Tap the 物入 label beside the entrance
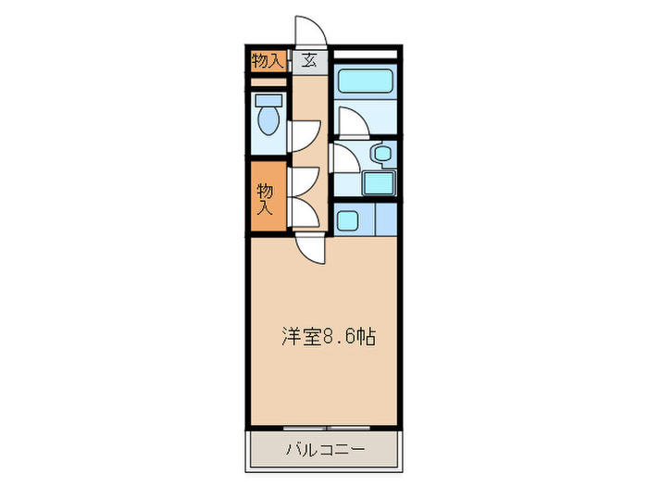pyautogui.click(x=267, y=61)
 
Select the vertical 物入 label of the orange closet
pyautogui.click(x=266, y=198)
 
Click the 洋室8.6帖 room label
pyautogui.click(x=328, y=338)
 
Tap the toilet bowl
pyautogui.click(x=269, y=121)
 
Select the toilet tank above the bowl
pyautogui.click(x=269, y=99)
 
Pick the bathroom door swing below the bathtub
pyautogui.click(x=350, y=121)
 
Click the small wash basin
pyautogui.click(x=380, y=154)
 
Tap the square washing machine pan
pyautogui.click(x=378, y=182)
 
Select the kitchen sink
pyautogui.click(x=349, y=221)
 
